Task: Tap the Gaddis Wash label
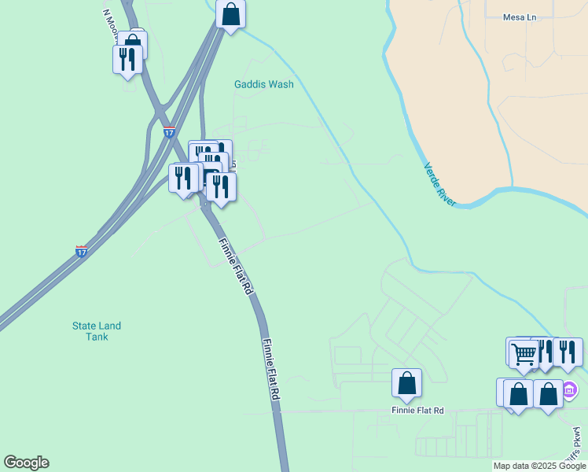(x=263, y=84)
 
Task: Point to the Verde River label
(x=439, y=185)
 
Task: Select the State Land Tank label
(x=97, y=331)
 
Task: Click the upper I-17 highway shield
(x=169, y=132)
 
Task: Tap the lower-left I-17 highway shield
(x=82, y=252)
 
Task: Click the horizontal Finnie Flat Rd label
(x=417, y=411)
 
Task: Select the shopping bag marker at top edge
(x=230, y=14)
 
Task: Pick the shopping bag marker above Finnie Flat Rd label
(x=406, y=383)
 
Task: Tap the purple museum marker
(x=571, y=389)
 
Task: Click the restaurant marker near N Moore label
(x=127, y=59)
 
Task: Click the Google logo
(x=26, y=463)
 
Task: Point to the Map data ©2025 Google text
(x=539, y=466)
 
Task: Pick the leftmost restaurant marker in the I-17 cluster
(x=183, y=178)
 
